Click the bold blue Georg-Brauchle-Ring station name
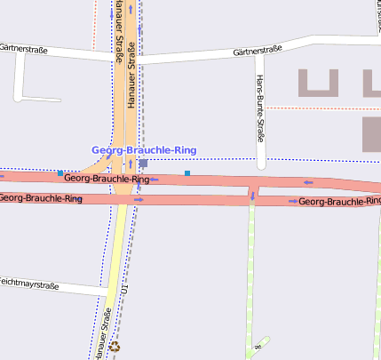(144, 150)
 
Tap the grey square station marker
(143, 164)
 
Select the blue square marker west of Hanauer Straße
(60, 172)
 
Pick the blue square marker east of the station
(187, 172)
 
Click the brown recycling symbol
(114, 347)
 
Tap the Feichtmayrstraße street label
(27, 285)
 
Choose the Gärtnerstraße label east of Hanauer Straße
(258, 52)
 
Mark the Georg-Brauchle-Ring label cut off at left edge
(41, 197)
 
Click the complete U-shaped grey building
(319, 83)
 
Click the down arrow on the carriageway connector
(252, 196)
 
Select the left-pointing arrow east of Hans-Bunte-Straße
(309, 183)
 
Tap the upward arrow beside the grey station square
(130, 164)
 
